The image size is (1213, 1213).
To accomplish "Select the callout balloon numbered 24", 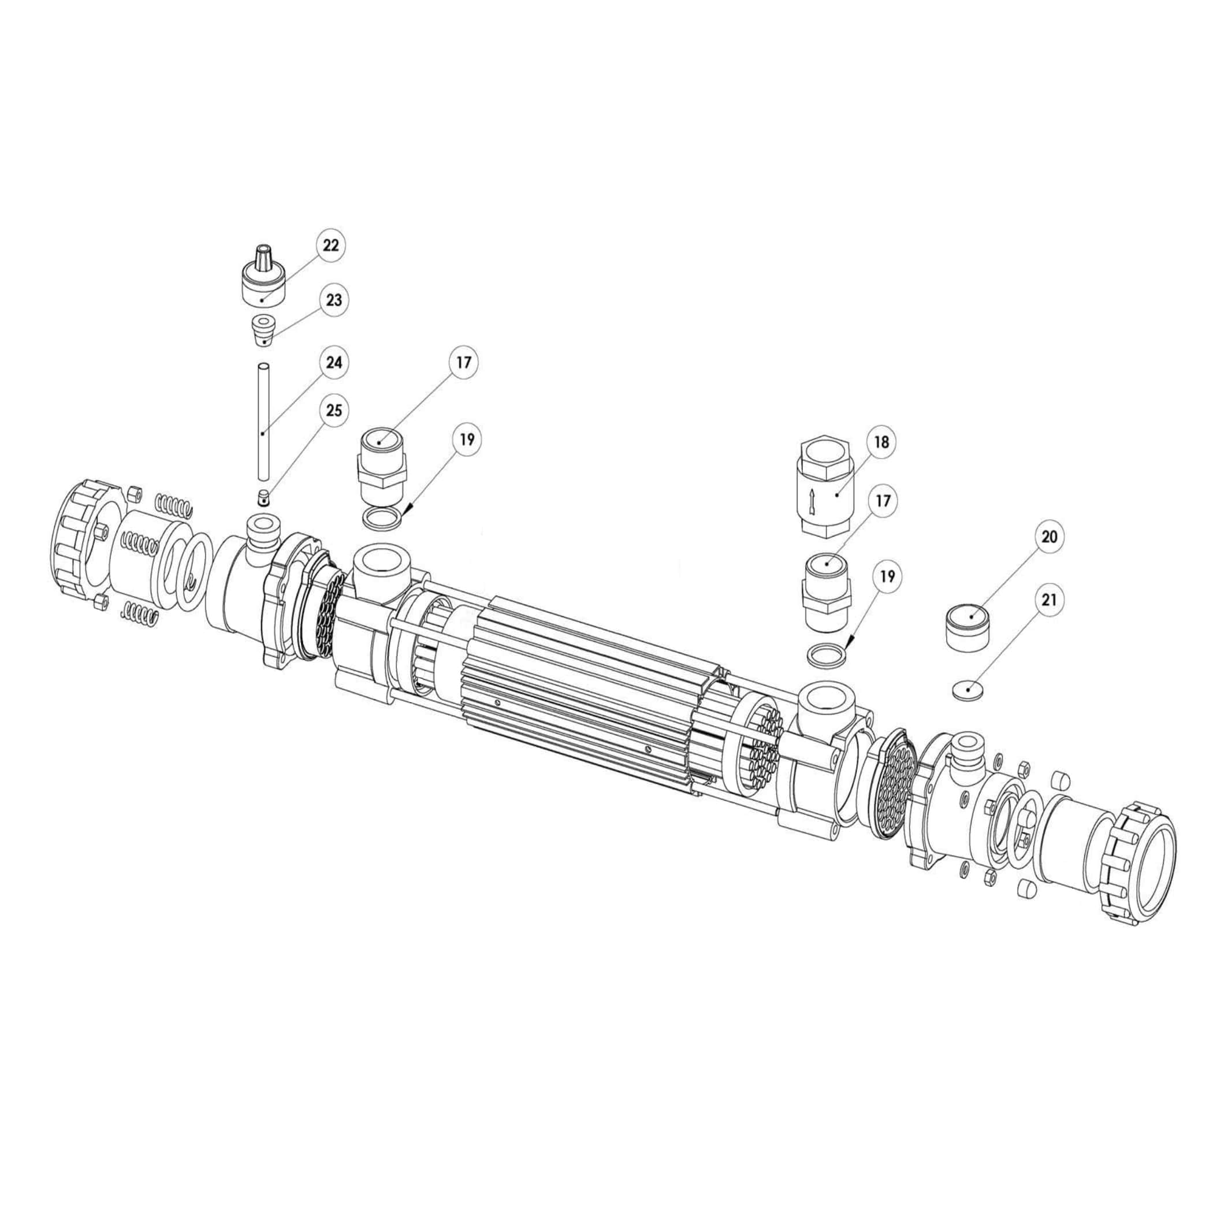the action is pos(333,362).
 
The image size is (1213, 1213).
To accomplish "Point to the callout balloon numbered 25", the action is pos(333,410).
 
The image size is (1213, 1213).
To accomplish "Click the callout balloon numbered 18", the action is pos(881,442).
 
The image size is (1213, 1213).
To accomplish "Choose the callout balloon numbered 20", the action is pos(1049,537).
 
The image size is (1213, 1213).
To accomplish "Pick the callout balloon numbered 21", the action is pos(1049,600).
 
